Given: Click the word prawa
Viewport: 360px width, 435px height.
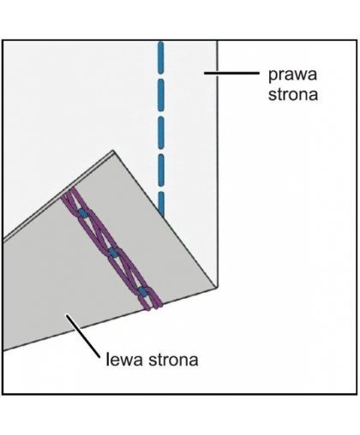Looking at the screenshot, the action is (x=292, y=74).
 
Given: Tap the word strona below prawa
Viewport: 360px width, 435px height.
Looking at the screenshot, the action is (x=293, y=94).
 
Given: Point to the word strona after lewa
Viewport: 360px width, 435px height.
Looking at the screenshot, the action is (x=173, y=360).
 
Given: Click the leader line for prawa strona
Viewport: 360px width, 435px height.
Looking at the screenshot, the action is (x=231, y=73).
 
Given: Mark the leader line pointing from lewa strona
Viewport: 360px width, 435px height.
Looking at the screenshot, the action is (x=83, y=336).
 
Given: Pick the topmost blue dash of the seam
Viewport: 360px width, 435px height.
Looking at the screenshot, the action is (x=161, y=57).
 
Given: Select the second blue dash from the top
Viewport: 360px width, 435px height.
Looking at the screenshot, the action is (x=161, y=95).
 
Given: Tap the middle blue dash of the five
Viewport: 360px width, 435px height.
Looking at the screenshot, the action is (x=161, y=133).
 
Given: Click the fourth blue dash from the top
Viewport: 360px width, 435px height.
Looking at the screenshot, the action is (x=161, y=170).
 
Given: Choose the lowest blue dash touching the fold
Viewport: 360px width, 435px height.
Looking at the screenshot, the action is (x=162, y=204).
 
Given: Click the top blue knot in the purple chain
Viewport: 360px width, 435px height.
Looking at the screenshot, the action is (x=83, y=213).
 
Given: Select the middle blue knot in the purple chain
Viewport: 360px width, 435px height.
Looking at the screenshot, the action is (x=113, y=253).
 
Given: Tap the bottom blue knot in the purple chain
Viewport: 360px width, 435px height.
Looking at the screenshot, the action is (x=143, y=292).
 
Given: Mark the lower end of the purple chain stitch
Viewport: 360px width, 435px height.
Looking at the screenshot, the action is (x=153, y=307).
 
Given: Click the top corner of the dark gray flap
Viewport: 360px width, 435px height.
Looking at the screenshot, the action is (x=113, y=151).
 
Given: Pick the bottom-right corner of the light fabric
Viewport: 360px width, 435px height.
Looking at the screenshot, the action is (x=217, y=288).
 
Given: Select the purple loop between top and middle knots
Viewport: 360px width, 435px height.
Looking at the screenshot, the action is (x=99, y=233).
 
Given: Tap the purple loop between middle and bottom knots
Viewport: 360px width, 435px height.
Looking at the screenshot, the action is (x=129, y=272).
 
